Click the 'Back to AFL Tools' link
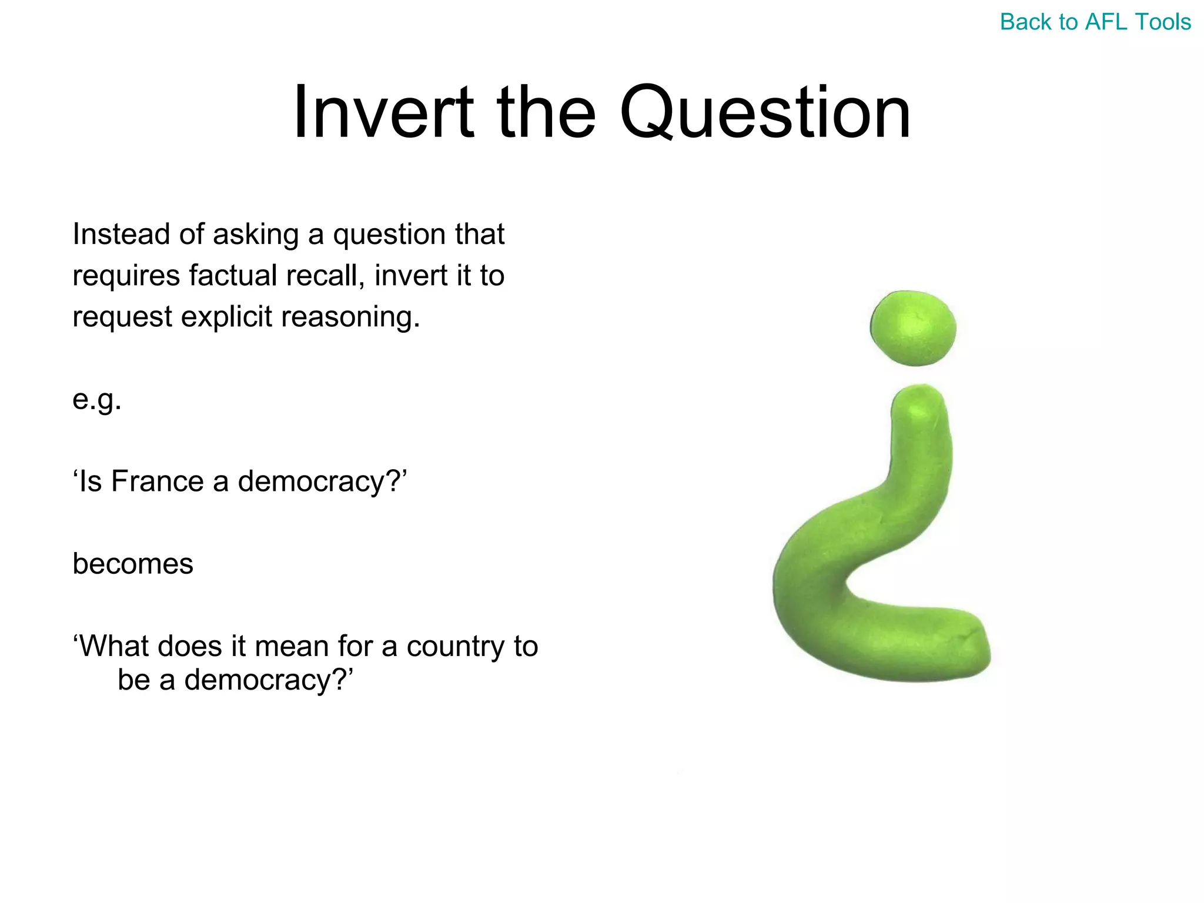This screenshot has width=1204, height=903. [1095, 22]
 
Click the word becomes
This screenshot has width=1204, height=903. [133, 564]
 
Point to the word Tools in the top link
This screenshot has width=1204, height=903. [1162, 22]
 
